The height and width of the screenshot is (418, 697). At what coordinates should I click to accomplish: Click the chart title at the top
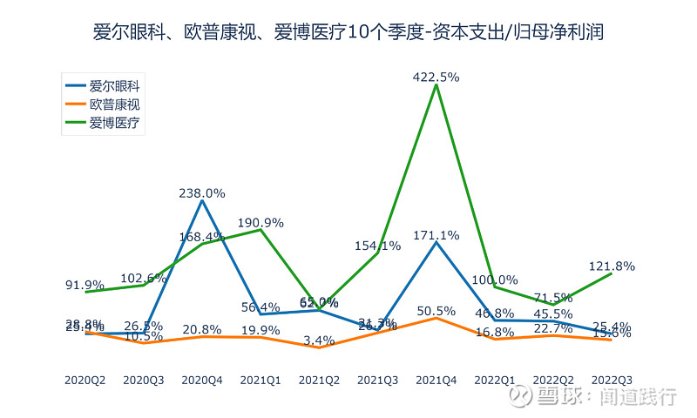(348, 32)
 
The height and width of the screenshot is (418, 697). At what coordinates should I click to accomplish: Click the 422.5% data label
(436, 77)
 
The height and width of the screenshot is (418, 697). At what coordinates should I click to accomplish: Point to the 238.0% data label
(202, 193)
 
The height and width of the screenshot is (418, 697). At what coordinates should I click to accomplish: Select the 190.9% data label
(261, 222)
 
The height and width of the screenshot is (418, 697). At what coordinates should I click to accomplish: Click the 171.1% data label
(436, 235)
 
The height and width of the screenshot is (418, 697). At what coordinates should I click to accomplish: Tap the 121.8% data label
(611, 266)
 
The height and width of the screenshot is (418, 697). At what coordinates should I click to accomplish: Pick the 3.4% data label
(319, 340)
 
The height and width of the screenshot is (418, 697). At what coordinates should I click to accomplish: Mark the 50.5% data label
(436, 311)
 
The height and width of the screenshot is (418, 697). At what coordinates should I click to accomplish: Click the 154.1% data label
(377, 246)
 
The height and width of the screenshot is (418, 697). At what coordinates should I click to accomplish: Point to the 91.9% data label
(85, 285)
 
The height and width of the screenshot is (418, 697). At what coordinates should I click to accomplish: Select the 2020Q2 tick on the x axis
(85, 380)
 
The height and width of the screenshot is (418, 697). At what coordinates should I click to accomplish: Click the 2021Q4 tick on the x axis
(436, 380)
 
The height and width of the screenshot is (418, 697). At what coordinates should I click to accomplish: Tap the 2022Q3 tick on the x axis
(611, 380)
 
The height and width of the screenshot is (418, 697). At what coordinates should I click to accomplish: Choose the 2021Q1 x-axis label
(261, 380)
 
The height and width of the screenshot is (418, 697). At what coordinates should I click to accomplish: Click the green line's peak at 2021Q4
(436, 84)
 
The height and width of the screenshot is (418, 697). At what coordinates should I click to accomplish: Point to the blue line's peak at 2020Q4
(202, 200)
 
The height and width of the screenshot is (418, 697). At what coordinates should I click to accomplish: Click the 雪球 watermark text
(558, 397)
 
